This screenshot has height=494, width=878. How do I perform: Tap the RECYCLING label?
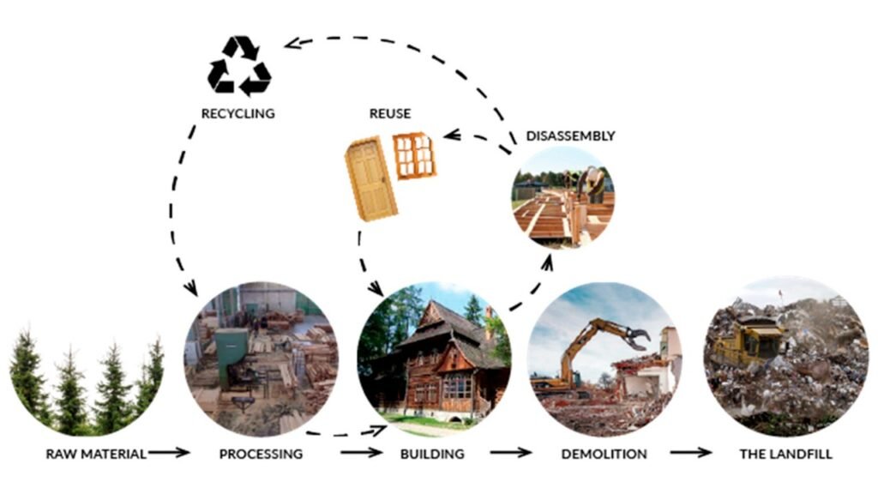pyautogui.click(x=238, y=113)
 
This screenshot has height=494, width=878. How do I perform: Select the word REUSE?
pyautogui.click(x=389, y=113)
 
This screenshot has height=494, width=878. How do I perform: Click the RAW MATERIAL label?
pyautogui.click(x=95, y=453)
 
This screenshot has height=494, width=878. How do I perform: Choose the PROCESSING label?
pyautogui.click(x=261, y=453)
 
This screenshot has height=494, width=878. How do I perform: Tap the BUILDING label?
pyautogui.click(x=432, y=453)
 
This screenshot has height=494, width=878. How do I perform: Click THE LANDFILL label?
pyautogui.click(x=785, y=453)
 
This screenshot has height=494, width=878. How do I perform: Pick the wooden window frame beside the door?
pyautogui.click(x=414, y=156)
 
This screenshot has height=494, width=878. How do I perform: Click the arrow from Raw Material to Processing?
pyautogui.click(x=170, y=452)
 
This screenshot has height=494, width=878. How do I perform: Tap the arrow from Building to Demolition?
pyautogui.click(x=511, y=452)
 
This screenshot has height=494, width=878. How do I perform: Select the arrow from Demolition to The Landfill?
pyautogui.click(x=690, y=452)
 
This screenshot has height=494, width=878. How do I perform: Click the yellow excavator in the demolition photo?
pyautogui.click(x=592, y=352)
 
